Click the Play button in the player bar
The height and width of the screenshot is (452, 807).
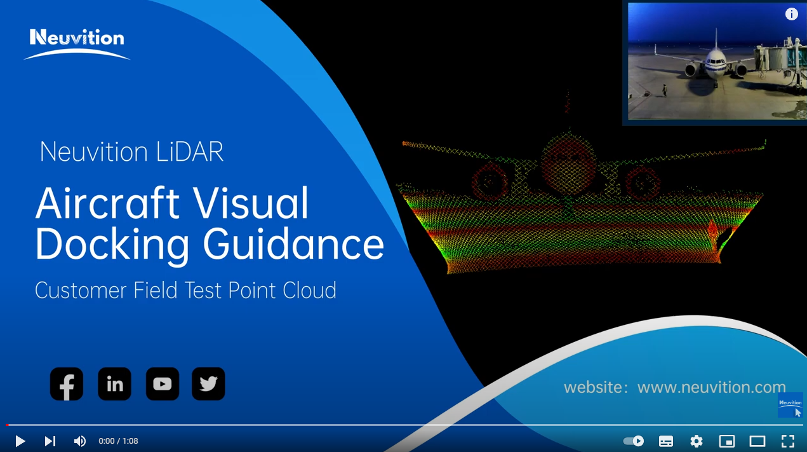[20, 441]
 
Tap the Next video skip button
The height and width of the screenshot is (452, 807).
[50, 441]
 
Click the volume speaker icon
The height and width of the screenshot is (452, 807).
[79, 441]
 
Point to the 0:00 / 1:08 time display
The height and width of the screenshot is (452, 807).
[118, 441]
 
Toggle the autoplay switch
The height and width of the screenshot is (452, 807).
[634, 441]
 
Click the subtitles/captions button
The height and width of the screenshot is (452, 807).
[665, 441]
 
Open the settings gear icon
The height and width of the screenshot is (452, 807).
[696, 441]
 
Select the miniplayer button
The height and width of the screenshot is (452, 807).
[726, 441]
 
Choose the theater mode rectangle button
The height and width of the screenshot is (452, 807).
[757, 441]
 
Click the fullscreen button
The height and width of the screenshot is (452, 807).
[787, 441]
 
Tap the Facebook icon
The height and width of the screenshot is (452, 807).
[67, 384]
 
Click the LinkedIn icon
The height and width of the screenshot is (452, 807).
[115, 384]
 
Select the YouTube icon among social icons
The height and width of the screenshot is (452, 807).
[163, 384]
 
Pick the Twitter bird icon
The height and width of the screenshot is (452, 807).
[208, 384]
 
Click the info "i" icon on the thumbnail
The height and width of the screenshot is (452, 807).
[791, 14]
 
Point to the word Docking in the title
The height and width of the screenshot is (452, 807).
[112, 245]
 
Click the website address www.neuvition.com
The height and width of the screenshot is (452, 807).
[711, 387]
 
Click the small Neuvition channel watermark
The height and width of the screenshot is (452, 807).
[790, 404]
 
